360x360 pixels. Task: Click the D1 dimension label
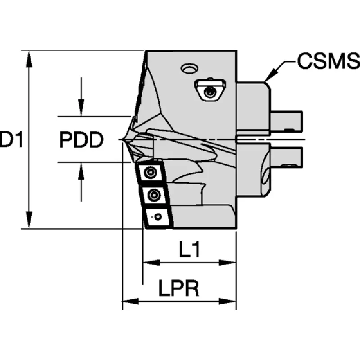click(12, 139)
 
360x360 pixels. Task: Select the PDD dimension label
click(81, 139)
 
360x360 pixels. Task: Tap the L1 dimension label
click(189, 249)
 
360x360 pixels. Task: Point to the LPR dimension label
click(178, 288)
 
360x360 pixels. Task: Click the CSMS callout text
click(328, 61)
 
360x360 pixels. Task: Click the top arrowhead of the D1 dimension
click(29, 59)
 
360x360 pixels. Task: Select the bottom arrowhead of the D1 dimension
click(29, 220)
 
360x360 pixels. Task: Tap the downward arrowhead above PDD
click(81, 108)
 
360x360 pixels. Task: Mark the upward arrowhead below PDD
click(81, 171)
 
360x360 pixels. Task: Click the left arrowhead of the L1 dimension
click(152, 262)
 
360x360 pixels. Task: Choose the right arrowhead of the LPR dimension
click(228, 301)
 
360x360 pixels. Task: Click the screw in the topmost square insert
click(150, 172)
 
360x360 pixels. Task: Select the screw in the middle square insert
click(153, 195)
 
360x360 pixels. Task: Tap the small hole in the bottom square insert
click(158, 216)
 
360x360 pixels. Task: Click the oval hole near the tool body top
click(189, 68)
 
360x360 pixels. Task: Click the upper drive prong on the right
click(286, 121)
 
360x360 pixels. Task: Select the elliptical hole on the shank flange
click(266, 177)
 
